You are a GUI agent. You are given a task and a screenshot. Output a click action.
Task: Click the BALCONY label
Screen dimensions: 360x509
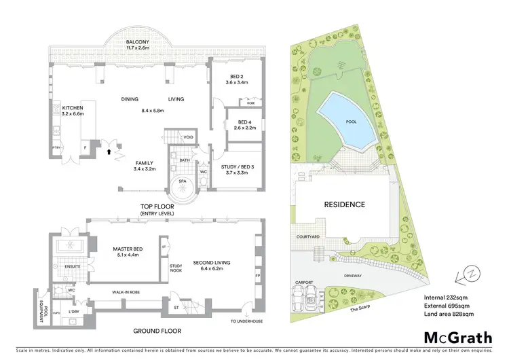coord(138,42)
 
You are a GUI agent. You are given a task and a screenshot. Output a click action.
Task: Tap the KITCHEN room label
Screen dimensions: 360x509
coord(73,108)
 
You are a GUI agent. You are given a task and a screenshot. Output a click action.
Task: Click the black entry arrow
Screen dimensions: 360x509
coord(107,151)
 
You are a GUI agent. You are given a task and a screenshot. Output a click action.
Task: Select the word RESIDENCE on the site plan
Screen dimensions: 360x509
coord(344,204)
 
